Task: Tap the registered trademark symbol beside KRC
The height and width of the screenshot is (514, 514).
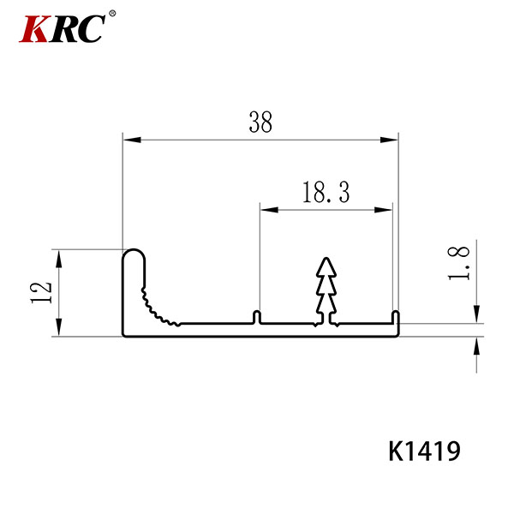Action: point(112,14)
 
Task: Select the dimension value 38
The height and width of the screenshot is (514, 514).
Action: point(260,122)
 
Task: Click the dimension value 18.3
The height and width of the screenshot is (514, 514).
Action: point(326,192)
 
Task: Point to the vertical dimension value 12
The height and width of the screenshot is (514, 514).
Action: point(42,292)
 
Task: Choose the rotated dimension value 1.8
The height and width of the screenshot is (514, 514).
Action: point(458,264)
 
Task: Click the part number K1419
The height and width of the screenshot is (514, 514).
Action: point(425,451)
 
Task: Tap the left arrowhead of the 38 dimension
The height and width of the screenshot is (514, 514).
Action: point(132,140)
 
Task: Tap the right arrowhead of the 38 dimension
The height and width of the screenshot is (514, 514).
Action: point(389,140)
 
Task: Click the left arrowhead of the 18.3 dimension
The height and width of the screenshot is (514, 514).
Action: point(269,210)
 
